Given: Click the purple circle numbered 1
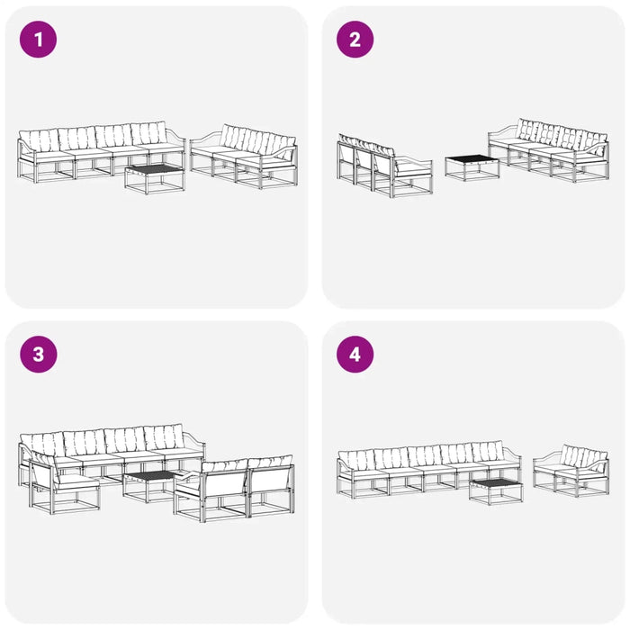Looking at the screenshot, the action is click(x=38, y=40).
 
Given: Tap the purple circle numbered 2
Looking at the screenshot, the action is click(x=355, y=40).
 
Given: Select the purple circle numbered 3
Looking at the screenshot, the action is click(x=38, y=355).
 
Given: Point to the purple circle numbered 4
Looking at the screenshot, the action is click(x=355, y=355).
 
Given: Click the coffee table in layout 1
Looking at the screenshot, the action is click(x=155, y=179).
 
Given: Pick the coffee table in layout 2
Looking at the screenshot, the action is click(x=472, y=167).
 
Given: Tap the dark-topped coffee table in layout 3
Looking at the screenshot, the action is click(x=150, y=486).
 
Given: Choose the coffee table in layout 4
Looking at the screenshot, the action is click(x=496, y=491).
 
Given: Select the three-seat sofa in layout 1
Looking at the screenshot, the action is click(x=244, y=156).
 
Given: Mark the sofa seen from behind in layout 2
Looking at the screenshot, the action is click(x=384, y=166).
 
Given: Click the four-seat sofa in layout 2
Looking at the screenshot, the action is click(x=548, y=149).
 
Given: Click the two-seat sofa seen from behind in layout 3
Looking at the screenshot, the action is click(x=234, y=488).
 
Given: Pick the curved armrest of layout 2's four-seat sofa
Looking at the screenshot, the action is click(x=502, y=130).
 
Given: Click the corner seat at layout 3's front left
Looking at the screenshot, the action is click(x=64, y=484).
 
